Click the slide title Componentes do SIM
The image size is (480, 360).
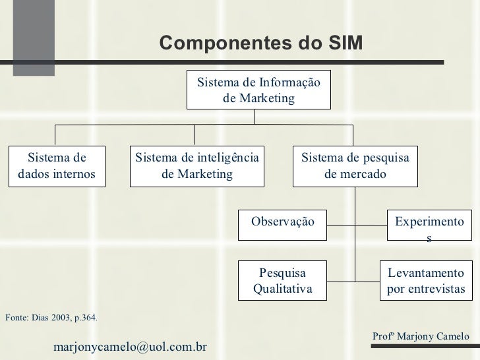(260, 43)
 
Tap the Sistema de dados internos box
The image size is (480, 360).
(57, 165)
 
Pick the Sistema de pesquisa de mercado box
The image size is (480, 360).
(355, 165)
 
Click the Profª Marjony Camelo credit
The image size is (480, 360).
(421, 336)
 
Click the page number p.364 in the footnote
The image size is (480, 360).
(85, 318)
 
